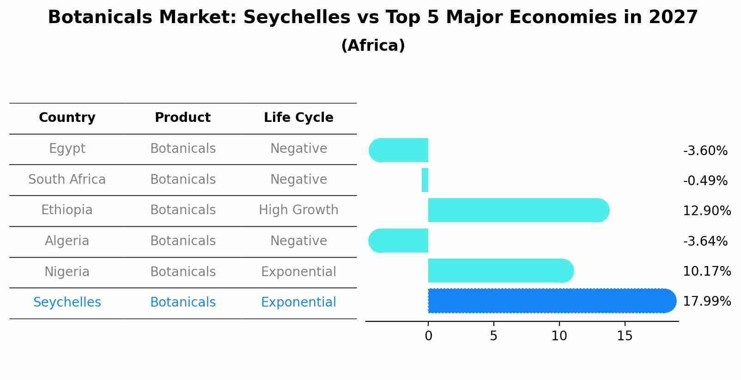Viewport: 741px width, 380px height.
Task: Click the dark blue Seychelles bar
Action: pos(550,301)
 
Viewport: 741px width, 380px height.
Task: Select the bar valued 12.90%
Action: pos(517,210)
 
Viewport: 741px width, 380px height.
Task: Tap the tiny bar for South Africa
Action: pos(425,180)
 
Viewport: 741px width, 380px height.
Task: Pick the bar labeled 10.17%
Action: pos(499,271)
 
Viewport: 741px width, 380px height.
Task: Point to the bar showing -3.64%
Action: pos(400,241)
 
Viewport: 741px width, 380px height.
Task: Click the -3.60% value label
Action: pos(705,151)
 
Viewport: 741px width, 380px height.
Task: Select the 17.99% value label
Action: pos(707,302)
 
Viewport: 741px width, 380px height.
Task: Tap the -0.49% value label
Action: pos(705,181)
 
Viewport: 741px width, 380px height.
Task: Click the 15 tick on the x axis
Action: pos(625,336)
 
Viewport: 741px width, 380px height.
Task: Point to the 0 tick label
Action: pos(428,336)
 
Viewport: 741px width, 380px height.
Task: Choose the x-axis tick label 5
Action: pos(494,336)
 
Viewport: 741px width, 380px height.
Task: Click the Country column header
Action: pos(67,118)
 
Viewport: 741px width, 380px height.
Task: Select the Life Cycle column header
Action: pos(298,118)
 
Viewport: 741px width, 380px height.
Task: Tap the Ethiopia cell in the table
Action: pos(67,210)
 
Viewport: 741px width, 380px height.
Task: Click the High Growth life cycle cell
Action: pos(298,210)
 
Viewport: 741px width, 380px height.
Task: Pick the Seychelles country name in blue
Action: pos(67,302)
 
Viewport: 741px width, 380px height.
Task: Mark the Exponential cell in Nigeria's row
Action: pos(298,271)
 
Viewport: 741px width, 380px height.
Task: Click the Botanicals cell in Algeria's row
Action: pos(183,241)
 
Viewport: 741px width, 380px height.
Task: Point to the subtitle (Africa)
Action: pos(373,46)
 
